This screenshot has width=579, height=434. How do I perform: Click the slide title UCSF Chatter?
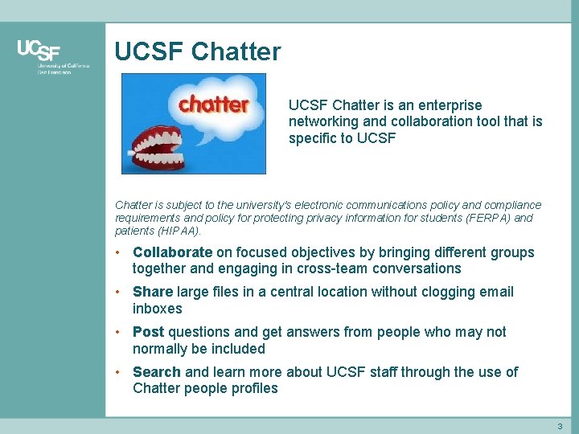point(198,51)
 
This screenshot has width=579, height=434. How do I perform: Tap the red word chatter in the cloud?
point(214,104)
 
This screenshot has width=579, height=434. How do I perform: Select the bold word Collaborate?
point(172,252)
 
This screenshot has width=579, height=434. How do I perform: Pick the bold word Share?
point(152,292)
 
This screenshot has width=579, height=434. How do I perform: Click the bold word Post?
point(149,332)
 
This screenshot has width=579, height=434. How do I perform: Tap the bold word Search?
point(157,372)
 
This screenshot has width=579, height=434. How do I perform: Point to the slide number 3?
point(560,425)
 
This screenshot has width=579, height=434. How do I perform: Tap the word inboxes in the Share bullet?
point(158,309)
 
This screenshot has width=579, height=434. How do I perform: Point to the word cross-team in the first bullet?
point(332,268)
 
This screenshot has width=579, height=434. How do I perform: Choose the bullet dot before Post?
point(118,332)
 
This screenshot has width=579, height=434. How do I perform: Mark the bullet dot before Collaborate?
point(118,252)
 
